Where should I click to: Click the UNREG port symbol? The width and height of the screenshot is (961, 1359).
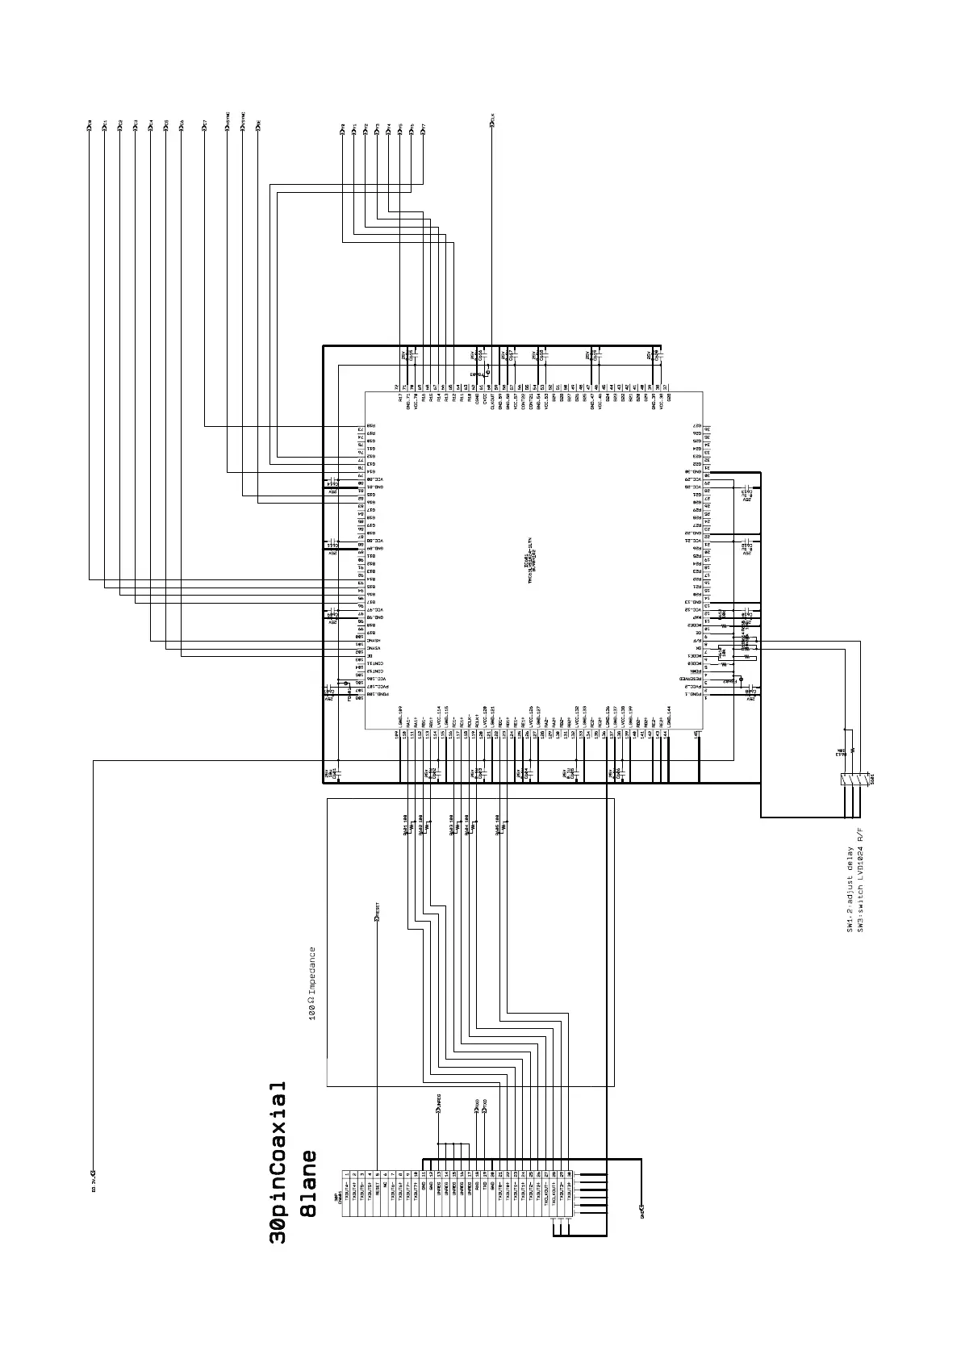click(x=438, y=1111)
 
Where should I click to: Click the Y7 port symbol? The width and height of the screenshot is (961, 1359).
click(x=424, y=127)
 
